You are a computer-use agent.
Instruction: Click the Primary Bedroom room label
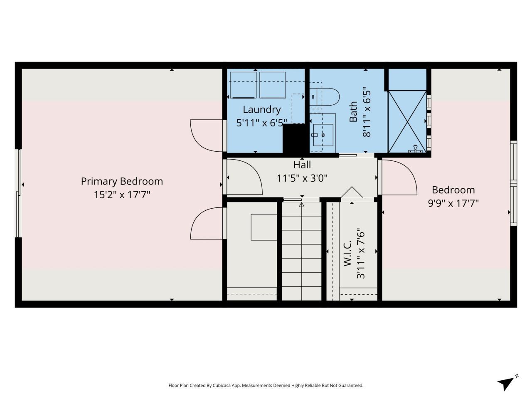coord(122,181)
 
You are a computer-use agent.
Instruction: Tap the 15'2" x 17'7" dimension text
coord(122,195)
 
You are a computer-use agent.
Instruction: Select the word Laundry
coord(261,110)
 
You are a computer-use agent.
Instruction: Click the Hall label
coord(302,165)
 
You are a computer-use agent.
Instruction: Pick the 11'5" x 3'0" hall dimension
coord(302,178)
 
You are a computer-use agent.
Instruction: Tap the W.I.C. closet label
coord(348,253)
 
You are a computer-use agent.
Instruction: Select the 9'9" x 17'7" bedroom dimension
coord(453,203)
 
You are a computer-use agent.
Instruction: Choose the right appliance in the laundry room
coord(273,85)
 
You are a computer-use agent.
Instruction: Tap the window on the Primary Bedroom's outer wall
coord(18,193)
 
